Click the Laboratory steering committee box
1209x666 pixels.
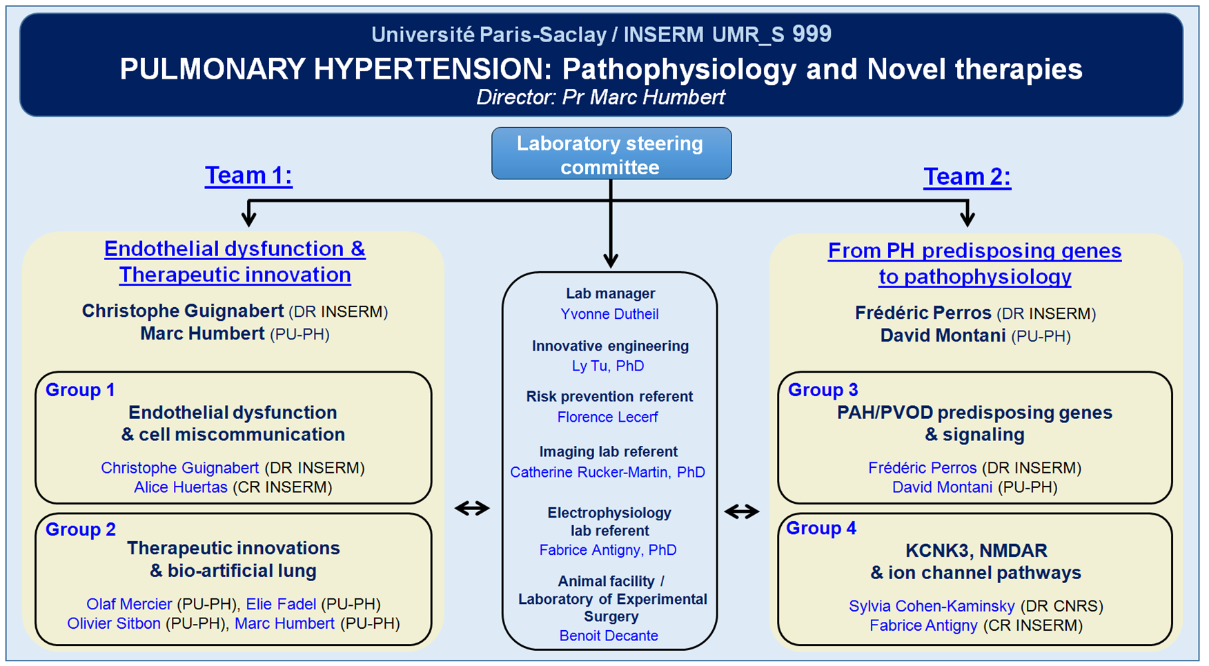611,153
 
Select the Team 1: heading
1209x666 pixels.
248,175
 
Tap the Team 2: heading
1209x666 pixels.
967,177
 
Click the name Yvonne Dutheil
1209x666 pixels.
609,314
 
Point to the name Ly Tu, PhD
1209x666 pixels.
608,366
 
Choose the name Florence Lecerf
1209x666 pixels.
607,417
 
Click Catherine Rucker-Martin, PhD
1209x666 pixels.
607,472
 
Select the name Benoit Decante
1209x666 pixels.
609,636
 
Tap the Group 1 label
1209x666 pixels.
80,390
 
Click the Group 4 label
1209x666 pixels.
821,528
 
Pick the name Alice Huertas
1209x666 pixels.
181,487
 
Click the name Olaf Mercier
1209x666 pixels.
129,604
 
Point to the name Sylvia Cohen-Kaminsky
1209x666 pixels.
932,606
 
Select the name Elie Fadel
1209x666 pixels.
281,604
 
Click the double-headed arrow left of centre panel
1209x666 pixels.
472,509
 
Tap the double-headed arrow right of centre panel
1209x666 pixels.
742,511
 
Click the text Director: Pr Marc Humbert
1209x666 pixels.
600,97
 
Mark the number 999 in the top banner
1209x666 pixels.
812,34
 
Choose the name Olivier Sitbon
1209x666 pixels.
114,623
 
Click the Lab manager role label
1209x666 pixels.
610,293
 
